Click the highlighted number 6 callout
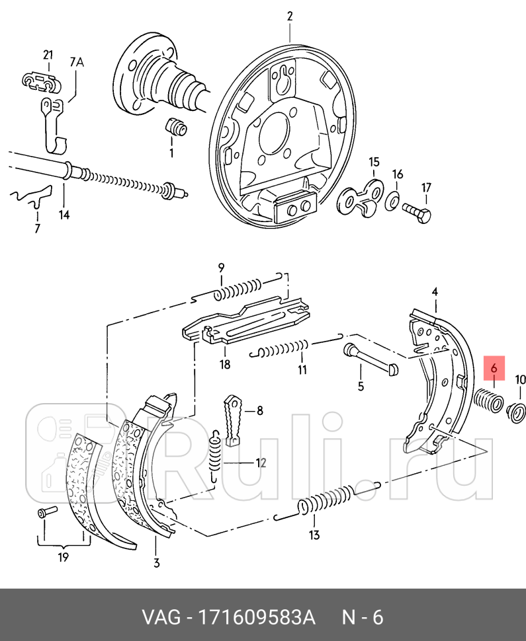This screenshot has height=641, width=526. click(494, 368)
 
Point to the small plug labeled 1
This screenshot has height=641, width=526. click(175, 126)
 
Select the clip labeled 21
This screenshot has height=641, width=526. click(41, 81)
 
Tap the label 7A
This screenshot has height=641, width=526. click(77, 63)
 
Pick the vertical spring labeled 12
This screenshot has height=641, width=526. click(214, 456)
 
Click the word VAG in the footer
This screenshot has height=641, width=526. click(159, 618)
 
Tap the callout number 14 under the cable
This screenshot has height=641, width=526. click(64, 214)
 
